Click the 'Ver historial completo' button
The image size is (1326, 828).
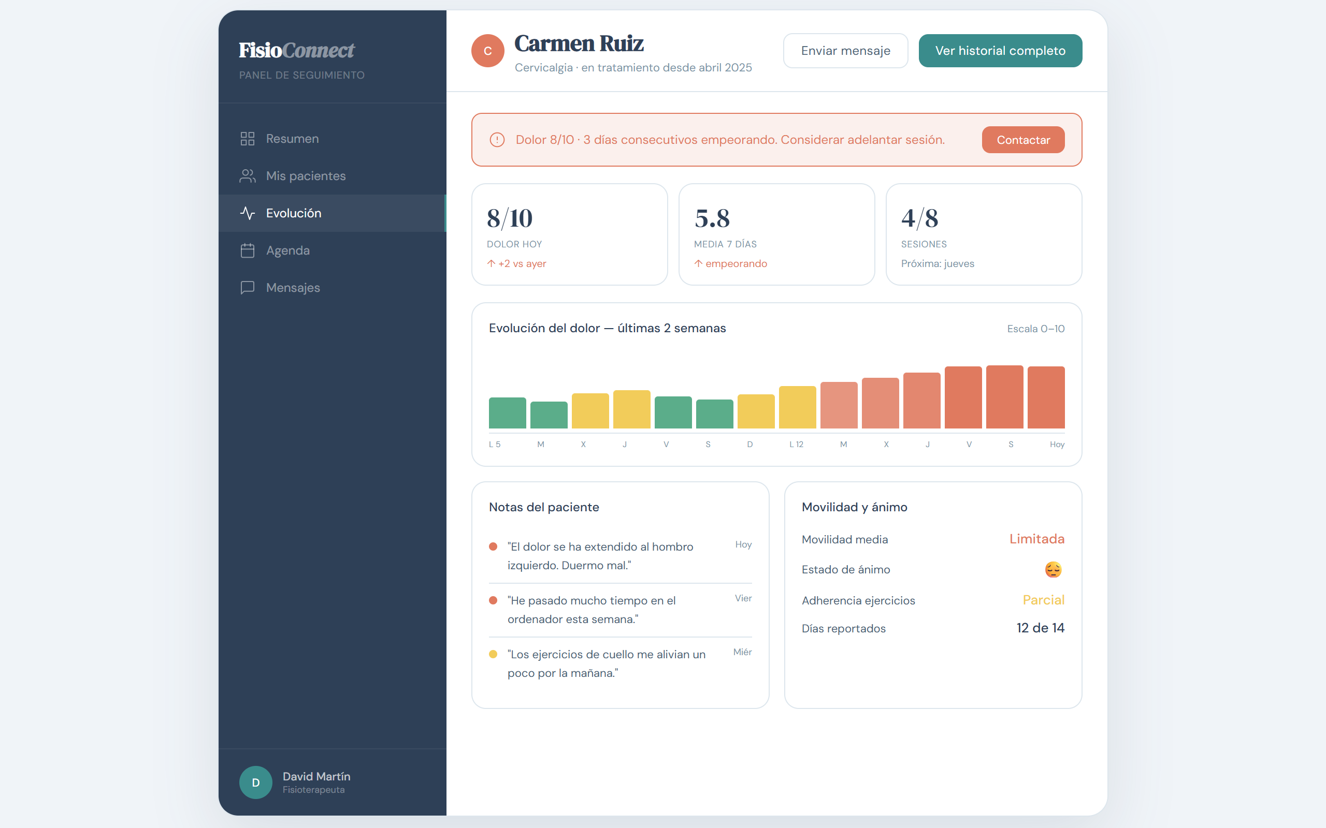point(1000,51)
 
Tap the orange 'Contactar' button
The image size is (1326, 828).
point(1023,140)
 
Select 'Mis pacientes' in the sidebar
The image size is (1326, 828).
point(306,176)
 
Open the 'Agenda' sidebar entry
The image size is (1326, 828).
point(287,250)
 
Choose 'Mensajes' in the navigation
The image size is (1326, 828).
point(293,288)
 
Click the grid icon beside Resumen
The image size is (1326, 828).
point(248,139)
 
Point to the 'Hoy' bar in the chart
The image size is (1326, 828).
point(1046,397)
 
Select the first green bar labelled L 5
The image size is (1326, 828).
point(508,413)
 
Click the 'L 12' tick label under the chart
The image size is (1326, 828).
point(796,444)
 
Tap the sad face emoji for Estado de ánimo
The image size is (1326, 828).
point(1053,570)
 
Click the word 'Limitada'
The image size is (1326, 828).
point(1036,539)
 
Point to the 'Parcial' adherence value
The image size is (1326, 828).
point(1043,600)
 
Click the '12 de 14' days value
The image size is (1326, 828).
point(1041,628)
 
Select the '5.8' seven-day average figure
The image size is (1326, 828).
point(712,218)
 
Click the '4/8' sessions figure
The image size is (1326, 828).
point(919,218)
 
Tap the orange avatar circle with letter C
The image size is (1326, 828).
point(487,51)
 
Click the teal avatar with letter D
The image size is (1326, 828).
point(256,782)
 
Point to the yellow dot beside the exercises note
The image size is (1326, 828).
point(493,654)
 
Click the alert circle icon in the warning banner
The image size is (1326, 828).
point(497,140)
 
